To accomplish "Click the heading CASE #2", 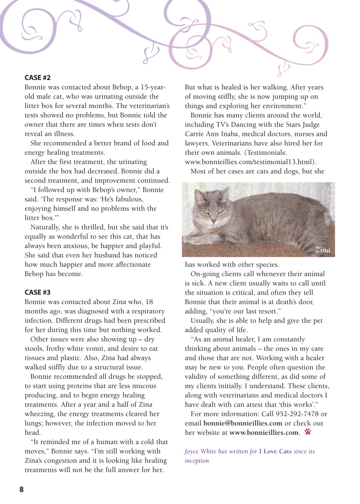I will (x=37, y=78).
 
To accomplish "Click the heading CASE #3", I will (x=37, y=292).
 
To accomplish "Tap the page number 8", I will (x=21, y=489).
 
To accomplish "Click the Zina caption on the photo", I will (x=323, y=250).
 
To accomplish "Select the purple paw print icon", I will (x=308, y=432).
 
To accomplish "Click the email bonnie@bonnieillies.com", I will (x=243, y=423).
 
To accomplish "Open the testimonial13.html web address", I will (x=251, y=162).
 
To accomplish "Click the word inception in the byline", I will (x=197, y=460).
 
